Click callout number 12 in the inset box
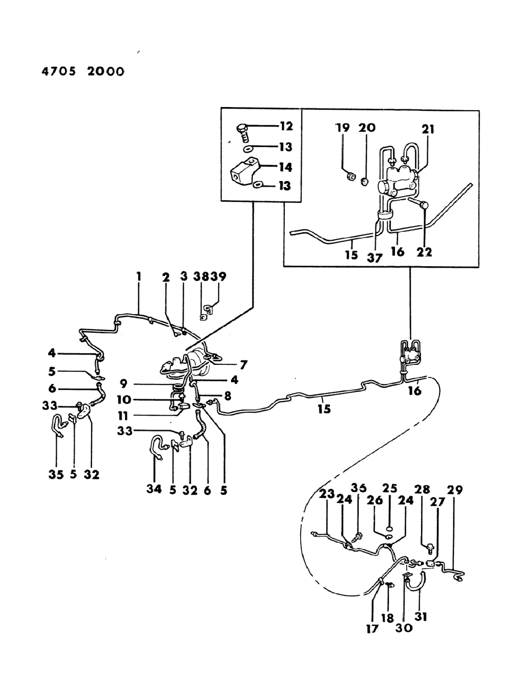tap(286, 126)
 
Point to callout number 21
tap(428, 128)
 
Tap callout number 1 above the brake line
tap(138, 276)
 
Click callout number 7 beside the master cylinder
tap(243, 365)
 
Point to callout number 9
tap(123, 383)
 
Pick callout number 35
tap(56, 474)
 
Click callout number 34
tap(154, 489)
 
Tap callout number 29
tap(455, 489)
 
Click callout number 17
tap(372, 629)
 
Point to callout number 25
tap(390, 489)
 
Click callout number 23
tap(326, 494)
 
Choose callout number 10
tap(123, 399)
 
